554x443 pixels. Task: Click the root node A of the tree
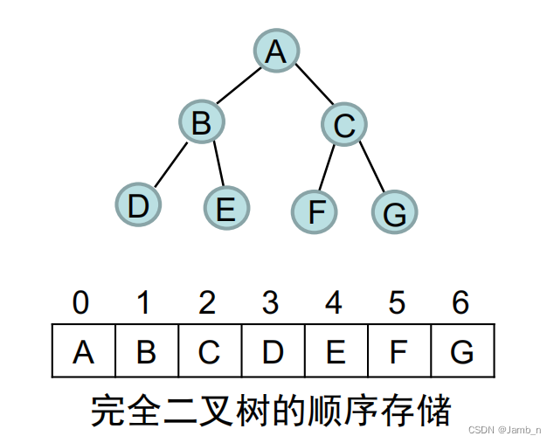click(276, 52)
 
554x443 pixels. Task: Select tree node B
click(202, 122)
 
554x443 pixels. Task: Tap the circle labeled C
click(343, 125)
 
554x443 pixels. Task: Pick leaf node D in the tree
click(138, 206)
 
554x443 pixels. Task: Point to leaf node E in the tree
click(226, 209)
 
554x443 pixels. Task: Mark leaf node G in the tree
click(395, 211)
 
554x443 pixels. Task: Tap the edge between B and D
click(170, 163)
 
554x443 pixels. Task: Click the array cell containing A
click(84, 352)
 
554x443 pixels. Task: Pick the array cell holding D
click(273, 352)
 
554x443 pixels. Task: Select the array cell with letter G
click(462, 352)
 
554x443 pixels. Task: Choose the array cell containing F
click(399, 352)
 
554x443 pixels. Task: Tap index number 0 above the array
click(80, 302)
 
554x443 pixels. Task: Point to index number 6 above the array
click(461, 302)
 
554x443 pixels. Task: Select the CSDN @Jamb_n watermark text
click(505, 430)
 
